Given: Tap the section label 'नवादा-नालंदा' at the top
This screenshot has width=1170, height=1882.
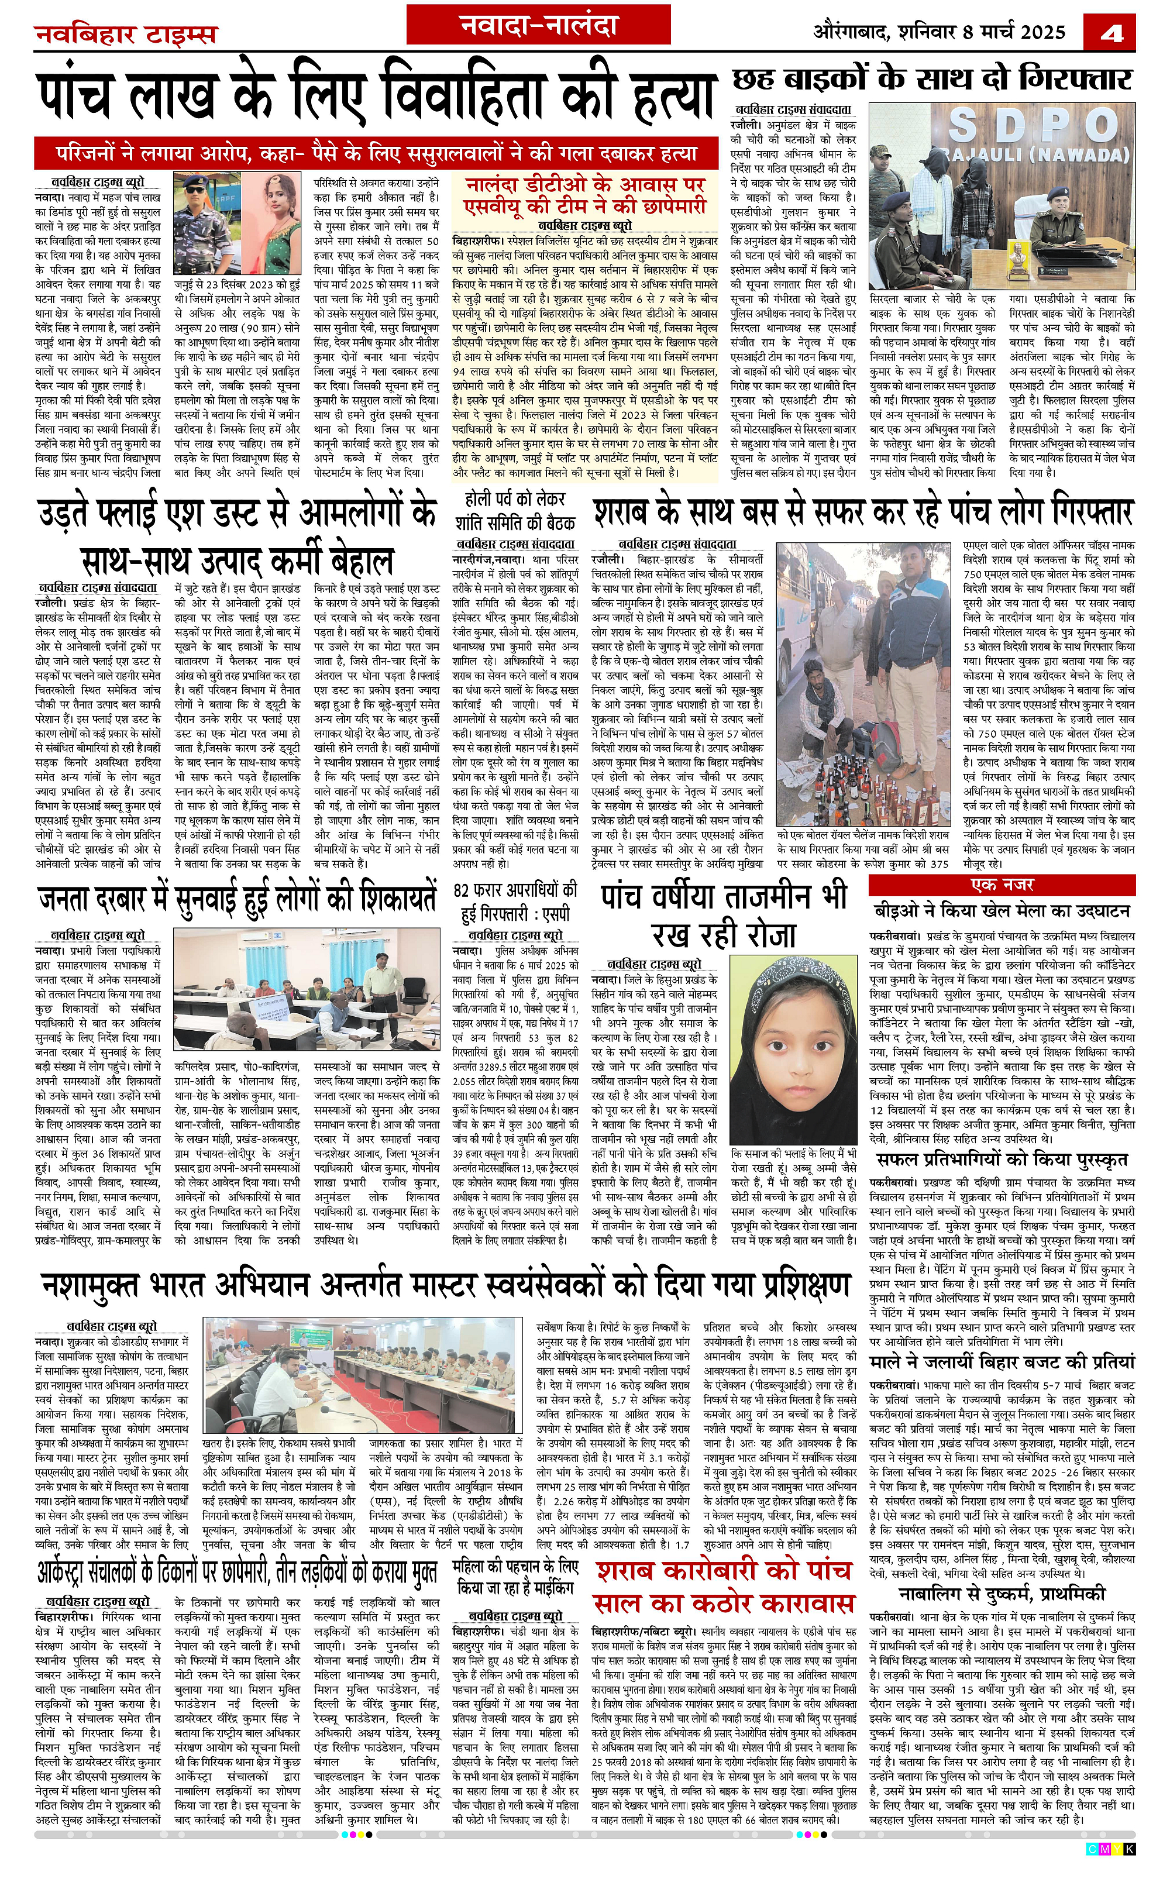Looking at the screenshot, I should coord(539,26).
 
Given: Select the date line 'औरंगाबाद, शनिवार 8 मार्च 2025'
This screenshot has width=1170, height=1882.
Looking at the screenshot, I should coord(938,32).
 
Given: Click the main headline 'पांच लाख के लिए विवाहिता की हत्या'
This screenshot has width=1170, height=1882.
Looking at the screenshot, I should coord(377,98).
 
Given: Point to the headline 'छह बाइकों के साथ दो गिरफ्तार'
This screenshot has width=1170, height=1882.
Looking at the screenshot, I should coord(932,78).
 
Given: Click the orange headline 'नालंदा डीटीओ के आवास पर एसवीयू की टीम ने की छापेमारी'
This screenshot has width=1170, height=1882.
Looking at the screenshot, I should coord(585,195).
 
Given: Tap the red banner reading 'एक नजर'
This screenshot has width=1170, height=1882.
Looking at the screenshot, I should coord(1002,885).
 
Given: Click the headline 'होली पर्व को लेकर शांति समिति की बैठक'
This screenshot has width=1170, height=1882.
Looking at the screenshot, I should coord(515,511).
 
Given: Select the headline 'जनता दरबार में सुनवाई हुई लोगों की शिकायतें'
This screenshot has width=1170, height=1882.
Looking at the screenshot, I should coord(238,899).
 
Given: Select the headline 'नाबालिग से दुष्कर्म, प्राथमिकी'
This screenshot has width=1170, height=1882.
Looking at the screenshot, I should coord(1002,1572).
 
